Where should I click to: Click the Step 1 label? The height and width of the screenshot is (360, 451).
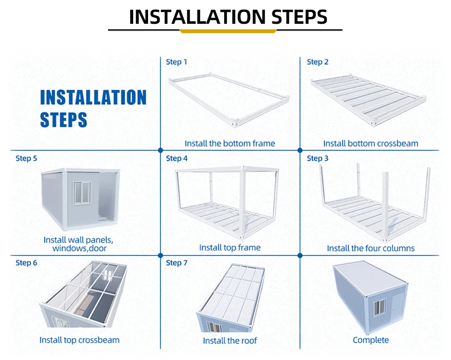pyautogui.click(x=176, y=62)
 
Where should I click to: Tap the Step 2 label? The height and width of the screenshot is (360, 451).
pyautogui.click(x=317, y=62)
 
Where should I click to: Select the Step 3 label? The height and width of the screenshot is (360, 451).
pyautogui.click(x=317, y=158)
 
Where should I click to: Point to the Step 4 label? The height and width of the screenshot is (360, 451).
pyautogui.click(x=177, y=158)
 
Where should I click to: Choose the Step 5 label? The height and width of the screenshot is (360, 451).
pyautogui.click(x=26, y=158)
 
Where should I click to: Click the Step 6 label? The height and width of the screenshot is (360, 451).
pyautogui.click(x=26, y=263)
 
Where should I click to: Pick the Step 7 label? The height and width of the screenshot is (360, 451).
pyautogui.click(x=177, y=263)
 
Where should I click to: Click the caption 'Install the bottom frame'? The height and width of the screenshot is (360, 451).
pyautogui.click(x=230, y=143)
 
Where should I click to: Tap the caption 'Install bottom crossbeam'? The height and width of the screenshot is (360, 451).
pyautogui.click(x=371, y=143)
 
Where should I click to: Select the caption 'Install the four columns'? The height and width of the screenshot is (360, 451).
pyautogui.click(x=371, y=248)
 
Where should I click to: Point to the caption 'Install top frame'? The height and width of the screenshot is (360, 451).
pyautogui.click(x=230, y=248)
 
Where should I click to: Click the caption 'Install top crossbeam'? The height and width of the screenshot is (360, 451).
pyautogui.click(x=80, y=340)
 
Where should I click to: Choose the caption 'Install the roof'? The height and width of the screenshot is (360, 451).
pyautogui.click(x=230, y=341)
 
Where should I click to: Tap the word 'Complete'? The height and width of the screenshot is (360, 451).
pyautogui.click(x=371, y=340)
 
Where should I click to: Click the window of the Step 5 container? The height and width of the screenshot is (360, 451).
pyautogui.click(x=82, y=193)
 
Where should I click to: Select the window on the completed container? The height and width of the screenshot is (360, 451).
pyautogui.click(x=380, y=307)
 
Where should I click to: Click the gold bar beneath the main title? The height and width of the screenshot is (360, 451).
pyautogui.click(x=228, y=31)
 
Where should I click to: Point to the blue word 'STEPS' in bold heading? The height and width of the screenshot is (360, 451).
pyautogui.click(x=63, y=120)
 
